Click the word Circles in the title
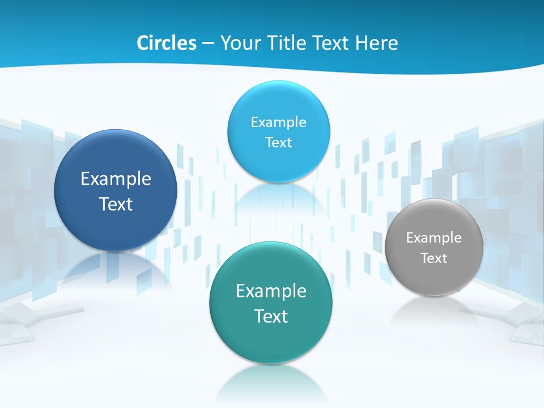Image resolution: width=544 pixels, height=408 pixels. coord(166,43)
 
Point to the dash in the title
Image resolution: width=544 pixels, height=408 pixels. coord(208,44)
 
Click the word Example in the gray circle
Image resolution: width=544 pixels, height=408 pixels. coord(434,237)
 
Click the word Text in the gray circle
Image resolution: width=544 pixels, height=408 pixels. coord(434,258)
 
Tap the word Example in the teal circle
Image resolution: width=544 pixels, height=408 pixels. coord(271,291)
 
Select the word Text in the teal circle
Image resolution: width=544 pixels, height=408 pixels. coord(271,316)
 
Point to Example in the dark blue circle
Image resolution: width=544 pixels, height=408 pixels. coord(116,179)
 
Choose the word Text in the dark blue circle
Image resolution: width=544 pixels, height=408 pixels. coord(116,204)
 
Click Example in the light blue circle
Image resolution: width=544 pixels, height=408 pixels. coord(279,122)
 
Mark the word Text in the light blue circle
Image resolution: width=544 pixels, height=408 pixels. coord(279,142)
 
